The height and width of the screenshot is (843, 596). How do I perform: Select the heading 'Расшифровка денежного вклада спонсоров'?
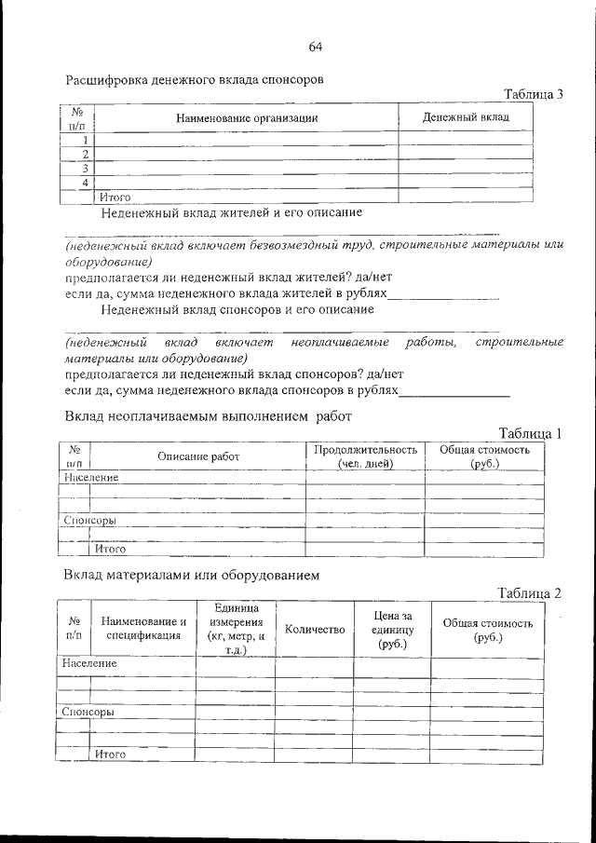click(x=195, y=80)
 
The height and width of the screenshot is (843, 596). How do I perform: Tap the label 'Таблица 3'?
click(x=534, y=95)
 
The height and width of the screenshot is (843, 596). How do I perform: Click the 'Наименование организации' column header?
click(x=247, y=118)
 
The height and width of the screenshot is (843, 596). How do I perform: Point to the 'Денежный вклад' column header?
click(x=466, y=117)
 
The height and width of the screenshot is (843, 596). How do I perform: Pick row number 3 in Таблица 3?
click(x=85, y=169)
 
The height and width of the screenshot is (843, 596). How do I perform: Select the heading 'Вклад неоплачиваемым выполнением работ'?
click(x=209, y=416)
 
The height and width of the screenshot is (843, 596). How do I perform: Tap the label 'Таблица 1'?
click(x=531, y=433)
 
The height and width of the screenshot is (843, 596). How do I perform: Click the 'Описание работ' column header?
click(x=198, y=456)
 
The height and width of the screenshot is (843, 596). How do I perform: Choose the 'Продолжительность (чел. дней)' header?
click(x=365, y=455)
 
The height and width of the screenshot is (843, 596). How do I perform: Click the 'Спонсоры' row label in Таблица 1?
click(x=89, y=520)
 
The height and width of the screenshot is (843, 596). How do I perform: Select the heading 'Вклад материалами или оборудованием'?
click(x=192, y=575)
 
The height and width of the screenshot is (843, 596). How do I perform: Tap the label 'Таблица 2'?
click(x=530, y=593)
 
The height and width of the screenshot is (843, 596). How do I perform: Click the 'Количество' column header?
click(x=314, y=630)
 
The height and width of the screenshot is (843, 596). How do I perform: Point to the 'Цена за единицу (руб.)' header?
click(x=391, y=630)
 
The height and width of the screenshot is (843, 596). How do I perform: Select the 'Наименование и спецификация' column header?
click(x=143, y=630)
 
